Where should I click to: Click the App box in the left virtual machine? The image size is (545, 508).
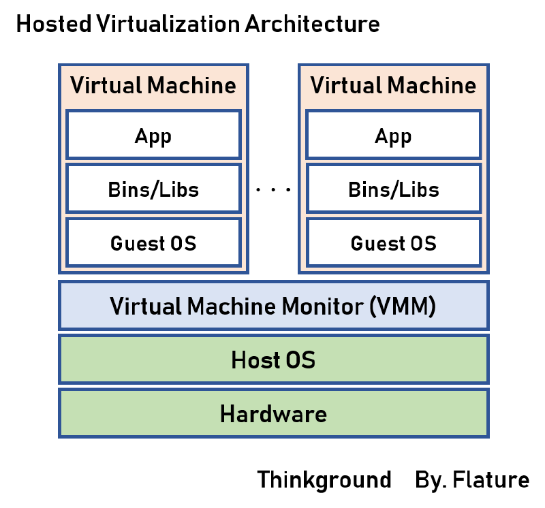click(x=153, y=136)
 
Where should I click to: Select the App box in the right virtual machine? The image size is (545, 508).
click(x=393, y=136)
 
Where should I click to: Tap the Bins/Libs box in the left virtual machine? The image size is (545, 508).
click(x=153, y=189)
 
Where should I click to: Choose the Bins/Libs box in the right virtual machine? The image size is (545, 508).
click(x=393, y=189)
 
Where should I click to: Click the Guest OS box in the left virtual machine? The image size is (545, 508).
click(x=153, y=242)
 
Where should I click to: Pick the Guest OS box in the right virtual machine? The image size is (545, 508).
click(x=393, y=242)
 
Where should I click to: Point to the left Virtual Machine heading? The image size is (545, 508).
click(x=153, y=86)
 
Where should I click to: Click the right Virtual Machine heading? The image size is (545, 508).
click(x=393, y=86)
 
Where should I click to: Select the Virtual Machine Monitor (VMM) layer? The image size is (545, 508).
click(x=273, y=306)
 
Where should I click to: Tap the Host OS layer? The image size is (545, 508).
click(x=273, y=359)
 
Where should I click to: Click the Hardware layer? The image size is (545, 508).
click(x=273, y=413)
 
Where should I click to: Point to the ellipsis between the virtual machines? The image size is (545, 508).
click(x=273, y=190)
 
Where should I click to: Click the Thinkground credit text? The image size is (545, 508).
click(x=324, y=479)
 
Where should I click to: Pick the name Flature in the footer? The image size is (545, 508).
click(x=491, y=479)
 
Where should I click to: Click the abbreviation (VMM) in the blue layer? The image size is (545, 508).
click(x=402, y=306)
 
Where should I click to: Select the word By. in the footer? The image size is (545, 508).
click(x=430, y=479)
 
